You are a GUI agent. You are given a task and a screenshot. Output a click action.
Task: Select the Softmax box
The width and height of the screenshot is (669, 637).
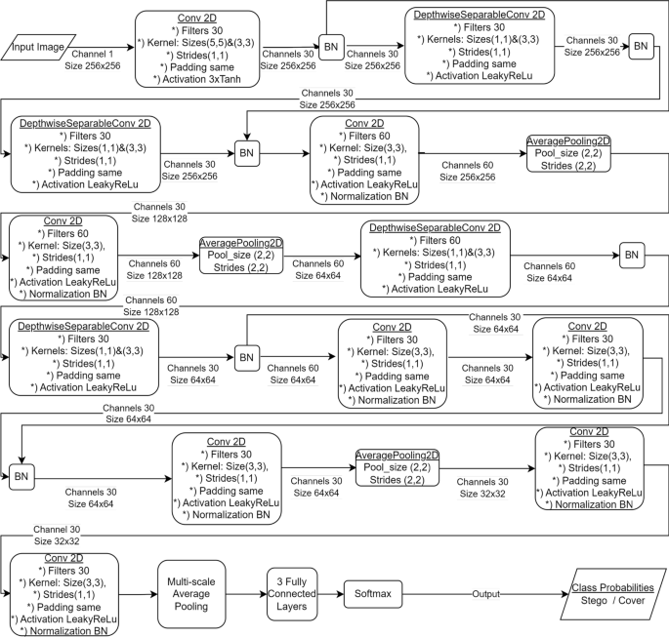click(x=373, y=593)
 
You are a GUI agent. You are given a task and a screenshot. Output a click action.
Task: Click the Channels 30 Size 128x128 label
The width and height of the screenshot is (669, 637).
click(x=161, y=214)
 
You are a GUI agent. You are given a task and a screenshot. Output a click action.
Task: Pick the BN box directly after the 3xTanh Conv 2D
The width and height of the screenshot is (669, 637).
click(x=332, y=46)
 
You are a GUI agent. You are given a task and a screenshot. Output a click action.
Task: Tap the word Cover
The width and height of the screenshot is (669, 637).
click(x=634, y=602)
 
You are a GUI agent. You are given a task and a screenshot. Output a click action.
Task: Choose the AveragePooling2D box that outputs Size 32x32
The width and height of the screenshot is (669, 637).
click(x=397, y=467)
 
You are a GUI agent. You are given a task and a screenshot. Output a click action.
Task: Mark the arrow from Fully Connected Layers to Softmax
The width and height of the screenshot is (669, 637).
click(x=330, y=593)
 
